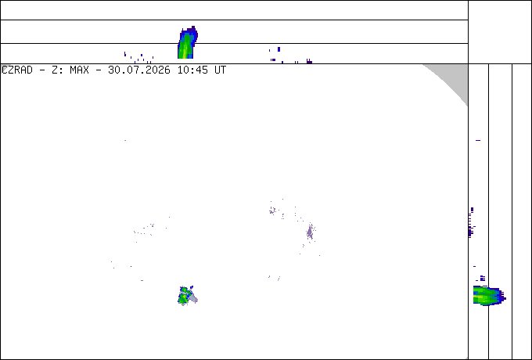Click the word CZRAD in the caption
tap(17, 70)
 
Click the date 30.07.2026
tap(139, 70)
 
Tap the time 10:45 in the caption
tap(192, 70)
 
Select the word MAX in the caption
tap(79, 70)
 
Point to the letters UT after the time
tap(220, 70)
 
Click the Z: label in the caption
tap(56, 70)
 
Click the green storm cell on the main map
tap(184, 296)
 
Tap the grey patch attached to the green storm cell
tap(192, 298)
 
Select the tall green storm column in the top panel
tap(186, 46)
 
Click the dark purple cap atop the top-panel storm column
tap(192, 31)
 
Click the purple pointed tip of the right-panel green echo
tap(505, 299)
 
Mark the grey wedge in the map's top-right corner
tap(451, 80)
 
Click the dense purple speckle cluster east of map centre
tap(310, 232)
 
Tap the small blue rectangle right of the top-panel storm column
tap(279, 49)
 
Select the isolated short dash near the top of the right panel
tap(478, 140)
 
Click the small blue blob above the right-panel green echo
tap(483, 279)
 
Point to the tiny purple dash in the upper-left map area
tap(125, 140)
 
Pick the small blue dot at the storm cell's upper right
tap(192, 287)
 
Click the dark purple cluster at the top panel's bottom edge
tap(309, 61)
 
